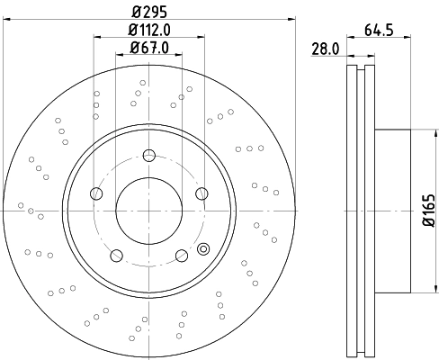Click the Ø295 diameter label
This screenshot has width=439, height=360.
point(149,12)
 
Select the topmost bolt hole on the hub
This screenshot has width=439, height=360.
point(149,155)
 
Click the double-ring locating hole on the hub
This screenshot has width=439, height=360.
point(202,248)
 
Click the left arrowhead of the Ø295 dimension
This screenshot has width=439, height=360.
point(7,21)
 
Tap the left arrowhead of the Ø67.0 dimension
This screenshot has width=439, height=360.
point(119,56)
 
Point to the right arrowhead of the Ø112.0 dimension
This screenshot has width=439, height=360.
point(200,38)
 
